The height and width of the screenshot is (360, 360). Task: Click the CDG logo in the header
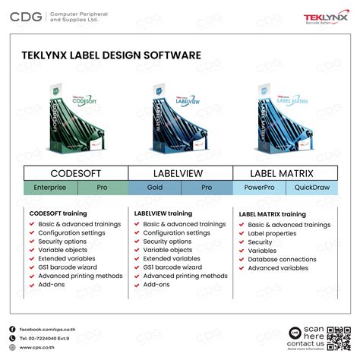click(26, 15)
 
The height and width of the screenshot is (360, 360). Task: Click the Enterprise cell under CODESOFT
click(50, 187)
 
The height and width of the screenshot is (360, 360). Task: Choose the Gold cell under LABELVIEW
click(154, 187)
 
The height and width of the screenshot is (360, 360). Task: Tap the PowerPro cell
click(258, 187)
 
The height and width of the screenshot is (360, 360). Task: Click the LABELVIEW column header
click(180, 172)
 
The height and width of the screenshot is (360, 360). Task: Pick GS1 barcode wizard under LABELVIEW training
click(172, 267)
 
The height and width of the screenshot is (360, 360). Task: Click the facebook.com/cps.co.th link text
click(47, 329)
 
